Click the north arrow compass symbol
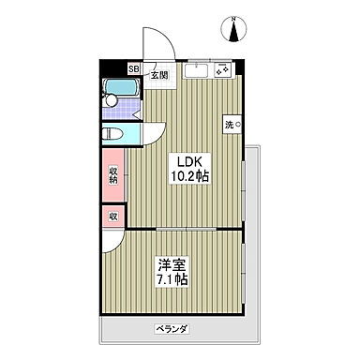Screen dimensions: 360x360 [x=233, y=30]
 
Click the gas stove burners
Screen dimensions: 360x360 [x=224, y=69]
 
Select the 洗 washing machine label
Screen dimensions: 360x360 [x=228, y=124]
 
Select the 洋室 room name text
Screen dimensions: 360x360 [x=169, y=263]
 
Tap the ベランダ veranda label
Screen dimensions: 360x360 [x=172, y=329]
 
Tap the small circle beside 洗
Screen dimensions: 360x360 [x=237, y=124]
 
